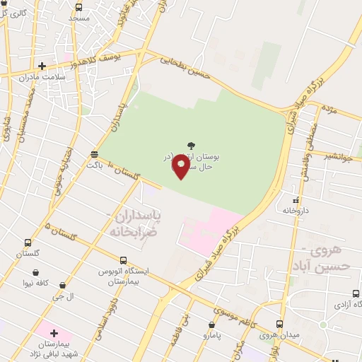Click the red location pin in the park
pyautogui.click(x=182, y=166)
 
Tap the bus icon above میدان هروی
pyautogui.click(x=279, y=324)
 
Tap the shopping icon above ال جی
pyautogui.click(x=63, y=286)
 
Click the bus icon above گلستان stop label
pyautogui.click(x=28, y=243)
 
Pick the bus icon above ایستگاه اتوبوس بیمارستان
pyautogui.click(x=122, y=259)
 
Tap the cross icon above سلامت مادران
pyautogui.click(x=42, y=66)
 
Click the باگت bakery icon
pyautogui.click(x=95, y=153)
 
